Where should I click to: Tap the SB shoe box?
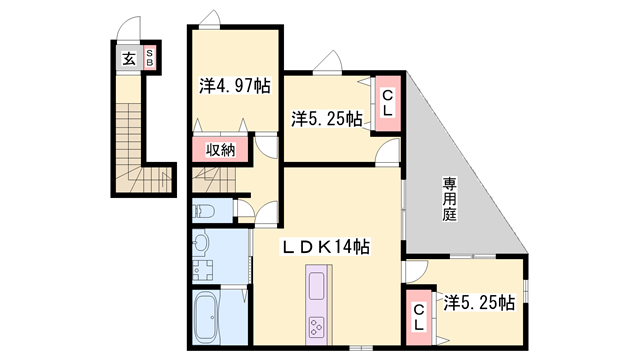(150, 58)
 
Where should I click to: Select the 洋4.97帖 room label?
(234, 88)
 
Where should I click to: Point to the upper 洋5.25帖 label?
(327, 119)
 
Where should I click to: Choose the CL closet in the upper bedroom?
(387, 103)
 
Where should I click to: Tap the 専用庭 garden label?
(450, 200)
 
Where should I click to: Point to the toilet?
(205, 211)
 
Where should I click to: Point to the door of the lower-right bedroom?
(418, 270)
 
